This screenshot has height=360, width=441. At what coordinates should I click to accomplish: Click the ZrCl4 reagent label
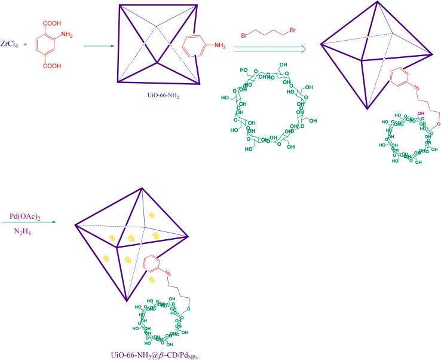(x=13, y=44)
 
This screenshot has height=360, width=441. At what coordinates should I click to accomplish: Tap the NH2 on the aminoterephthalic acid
(x=66, y=34)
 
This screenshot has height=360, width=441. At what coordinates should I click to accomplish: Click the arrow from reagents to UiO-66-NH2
(x=96, y=45)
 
